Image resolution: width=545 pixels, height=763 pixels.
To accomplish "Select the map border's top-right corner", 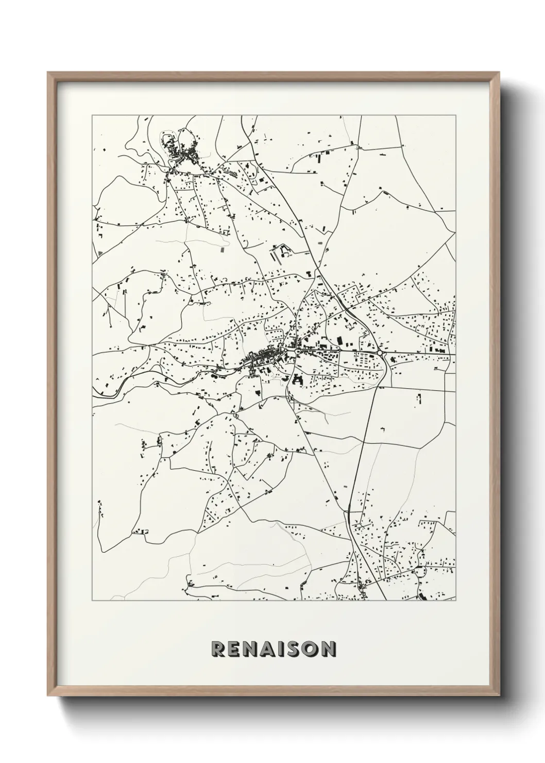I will click(x=456, y=115).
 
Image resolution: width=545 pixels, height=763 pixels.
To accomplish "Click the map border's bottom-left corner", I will click(x=92, y=601).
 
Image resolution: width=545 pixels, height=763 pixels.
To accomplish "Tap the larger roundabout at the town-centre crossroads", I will click(x=297, y=351).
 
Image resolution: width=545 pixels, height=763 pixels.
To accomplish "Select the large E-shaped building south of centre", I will click(x=297, y=380).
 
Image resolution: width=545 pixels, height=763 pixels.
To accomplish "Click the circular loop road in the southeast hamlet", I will click(x=421, y=571).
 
